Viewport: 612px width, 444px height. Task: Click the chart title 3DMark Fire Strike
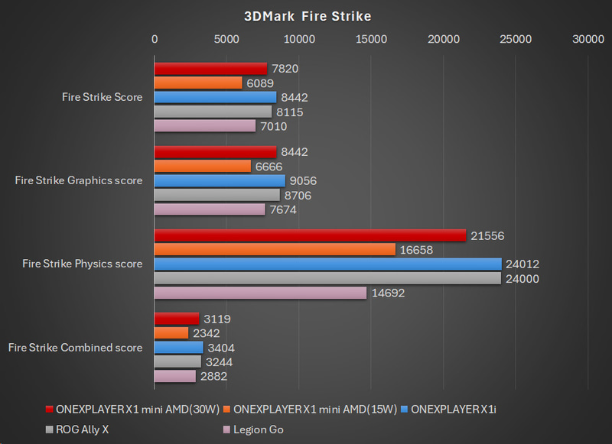[306, 15]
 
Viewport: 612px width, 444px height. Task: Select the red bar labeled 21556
[310, 235]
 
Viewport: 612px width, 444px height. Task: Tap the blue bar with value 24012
[327, 264]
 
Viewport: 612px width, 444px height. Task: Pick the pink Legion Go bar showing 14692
[260, 292]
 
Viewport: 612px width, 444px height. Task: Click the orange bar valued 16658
[275, 249]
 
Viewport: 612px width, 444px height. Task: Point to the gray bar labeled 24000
[327, 278]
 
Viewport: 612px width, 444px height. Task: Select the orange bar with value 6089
[198, 83]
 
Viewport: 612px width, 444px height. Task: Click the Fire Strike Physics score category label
[83, 264]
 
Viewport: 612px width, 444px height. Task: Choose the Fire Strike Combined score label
[76, 348]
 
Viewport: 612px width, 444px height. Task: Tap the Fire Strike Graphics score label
[79, 180]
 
